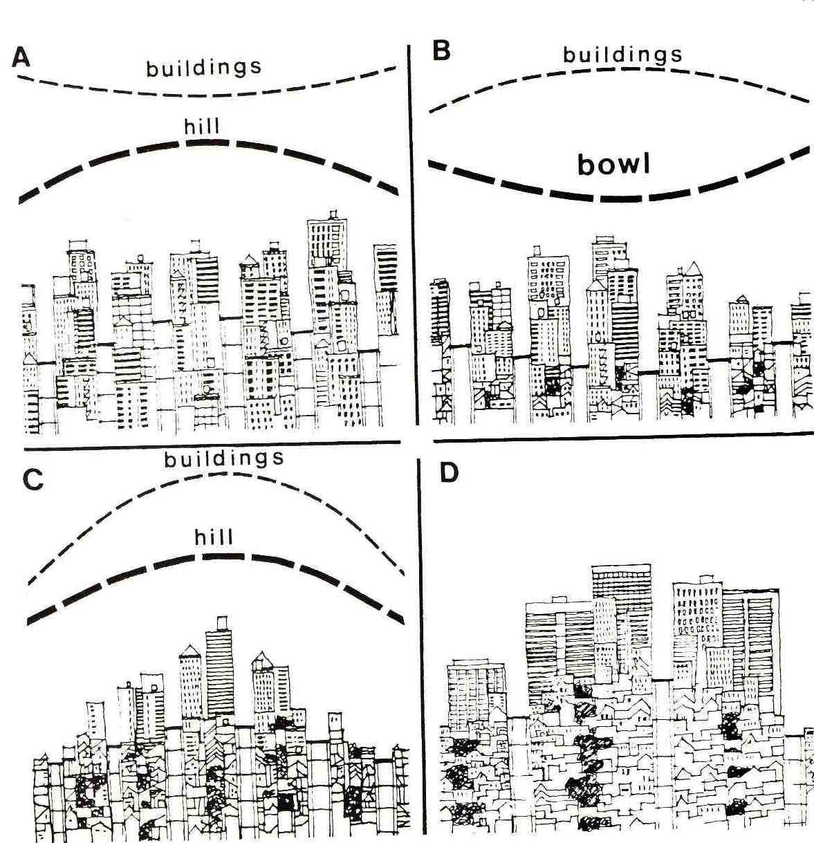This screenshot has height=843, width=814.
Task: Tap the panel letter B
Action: [441, 50]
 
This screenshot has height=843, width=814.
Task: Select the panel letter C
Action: [33, 479]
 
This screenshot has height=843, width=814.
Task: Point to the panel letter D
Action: [449, 474]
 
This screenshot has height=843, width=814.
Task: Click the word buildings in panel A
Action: [204, 68]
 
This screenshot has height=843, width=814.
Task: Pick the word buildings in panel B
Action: [622, 55]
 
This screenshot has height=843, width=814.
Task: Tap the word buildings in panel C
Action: [224, 459]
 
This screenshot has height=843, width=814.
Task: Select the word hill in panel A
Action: [202, 127]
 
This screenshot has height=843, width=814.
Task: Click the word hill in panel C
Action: [214, 537]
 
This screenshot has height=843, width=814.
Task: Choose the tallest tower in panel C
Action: [220, 664]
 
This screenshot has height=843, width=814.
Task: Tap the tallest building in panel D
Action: [621, 609]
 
